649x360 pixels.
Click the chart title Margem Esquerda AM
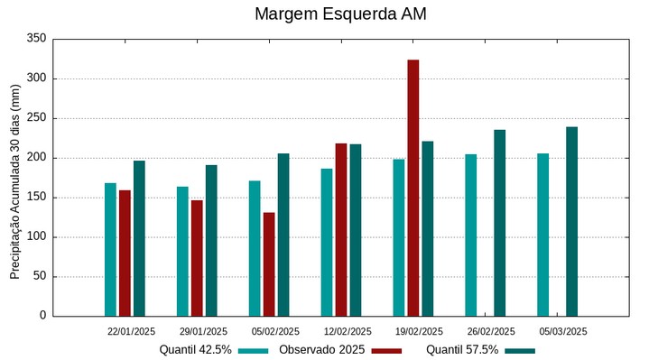click(x=340, y=14)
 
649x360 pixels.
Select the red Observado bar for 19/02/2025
click(x=413, y=188)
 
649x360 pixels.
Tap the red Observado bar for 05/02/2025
click(x=269, y=263)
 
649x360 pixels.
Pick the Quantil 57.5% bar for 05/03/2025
click(x=571, y=221)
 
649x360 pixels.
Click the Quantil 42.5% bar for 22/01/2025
click(x=110, y=249)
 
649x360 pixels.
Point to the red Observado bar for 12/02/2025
click(x=340, y=229)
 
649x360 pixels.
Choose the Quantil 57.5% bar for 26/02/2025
click(x=499, y=223)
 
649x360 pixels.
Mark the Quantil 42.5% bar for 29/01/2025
click(x=182, y=251)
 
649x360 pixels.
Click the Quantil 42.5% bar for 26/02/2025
click(x=470, y=235)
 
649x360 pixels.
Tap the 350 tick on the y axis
click(x=36, y=39)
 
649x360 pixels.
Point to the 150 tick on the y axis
click(x=36, y=198)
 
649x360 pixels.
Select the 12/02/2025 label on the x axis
click(x=348, y=331)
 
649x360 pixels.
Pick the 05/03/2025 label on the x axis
click(x=563, y=331)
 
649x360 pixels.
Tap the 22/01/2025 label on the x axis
click(x=131, y=331)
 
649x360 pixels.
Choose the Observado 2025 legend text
click(x=321, y=349)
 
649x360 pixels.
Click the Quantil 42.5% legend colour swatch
click(x=254, y=350)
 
